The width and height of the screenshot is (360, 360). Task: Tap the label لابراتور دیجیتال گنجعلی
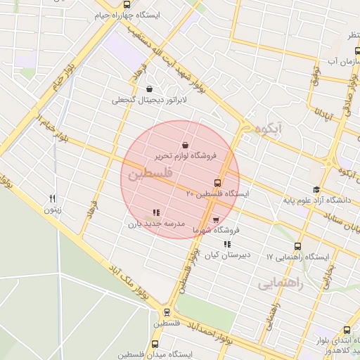click(149, 100)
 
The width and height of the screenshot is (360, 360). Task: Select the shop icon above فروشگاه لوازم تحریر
click(184, 144)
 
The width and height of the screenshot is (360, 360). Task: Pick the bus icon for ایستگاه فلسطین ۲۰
click(217, 182)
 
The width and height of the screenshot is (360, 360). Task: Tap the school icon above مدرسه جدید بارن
click(156, 212)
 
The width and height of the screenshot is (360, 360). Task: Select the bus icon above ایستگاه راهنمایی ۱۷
click(298, 247)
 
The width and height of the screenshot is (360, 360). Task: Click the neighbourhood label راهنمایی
click(280, 283)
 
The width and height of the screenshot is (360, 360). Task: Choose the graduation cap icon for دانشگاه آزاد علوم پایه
click(316, 190)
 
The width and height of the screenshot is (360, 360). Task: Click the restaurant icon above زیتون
click(52, 199)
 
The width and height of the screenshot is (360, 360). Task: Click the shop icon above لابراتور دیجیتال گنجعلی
click(149, 89)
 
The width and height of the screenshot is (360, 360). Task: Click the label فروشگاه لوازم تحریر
click(186, 154)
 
